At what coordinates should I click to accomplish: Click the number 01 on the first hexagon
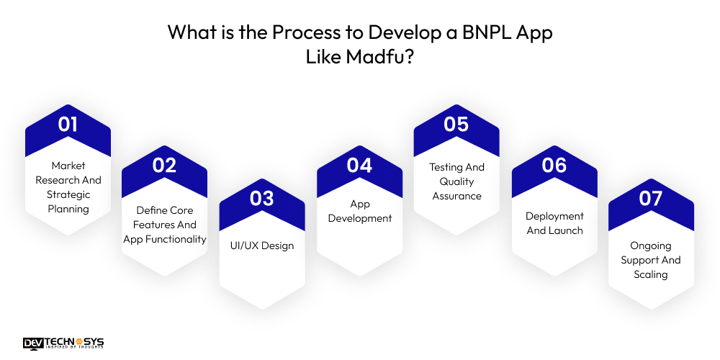point(68,125)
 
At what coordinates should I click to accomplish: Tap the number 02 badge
point(164,166)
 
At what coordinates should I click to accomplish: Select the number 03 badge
point(262,199)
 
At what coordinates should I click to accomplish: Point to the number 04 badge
point(359,166)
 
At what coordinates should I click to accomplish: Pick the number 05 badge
point(456,125)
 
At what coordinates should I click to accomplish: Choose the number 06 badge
point(554,166)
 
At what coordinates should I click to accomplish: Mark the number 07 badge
point(651,199)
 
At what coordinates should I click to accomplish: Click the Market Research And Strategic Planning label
point(68,187)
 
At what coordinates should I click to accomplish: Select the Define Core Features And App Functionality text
point(165,224)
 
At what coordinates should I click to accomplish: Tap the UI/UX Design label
point(262,246)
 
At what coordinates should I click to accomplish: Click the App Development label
point(360,211)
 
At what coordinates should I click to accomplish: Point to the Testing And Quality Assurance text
point(456,181)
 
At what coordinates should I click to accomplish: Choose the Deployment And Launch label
point(554,223)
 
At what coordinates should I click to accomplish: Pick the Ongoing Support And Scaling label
point(651,260)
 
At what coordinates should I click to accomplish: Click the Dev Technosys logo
point(63,343)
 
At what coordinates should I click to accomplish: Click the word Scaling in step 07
point(651,274)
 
